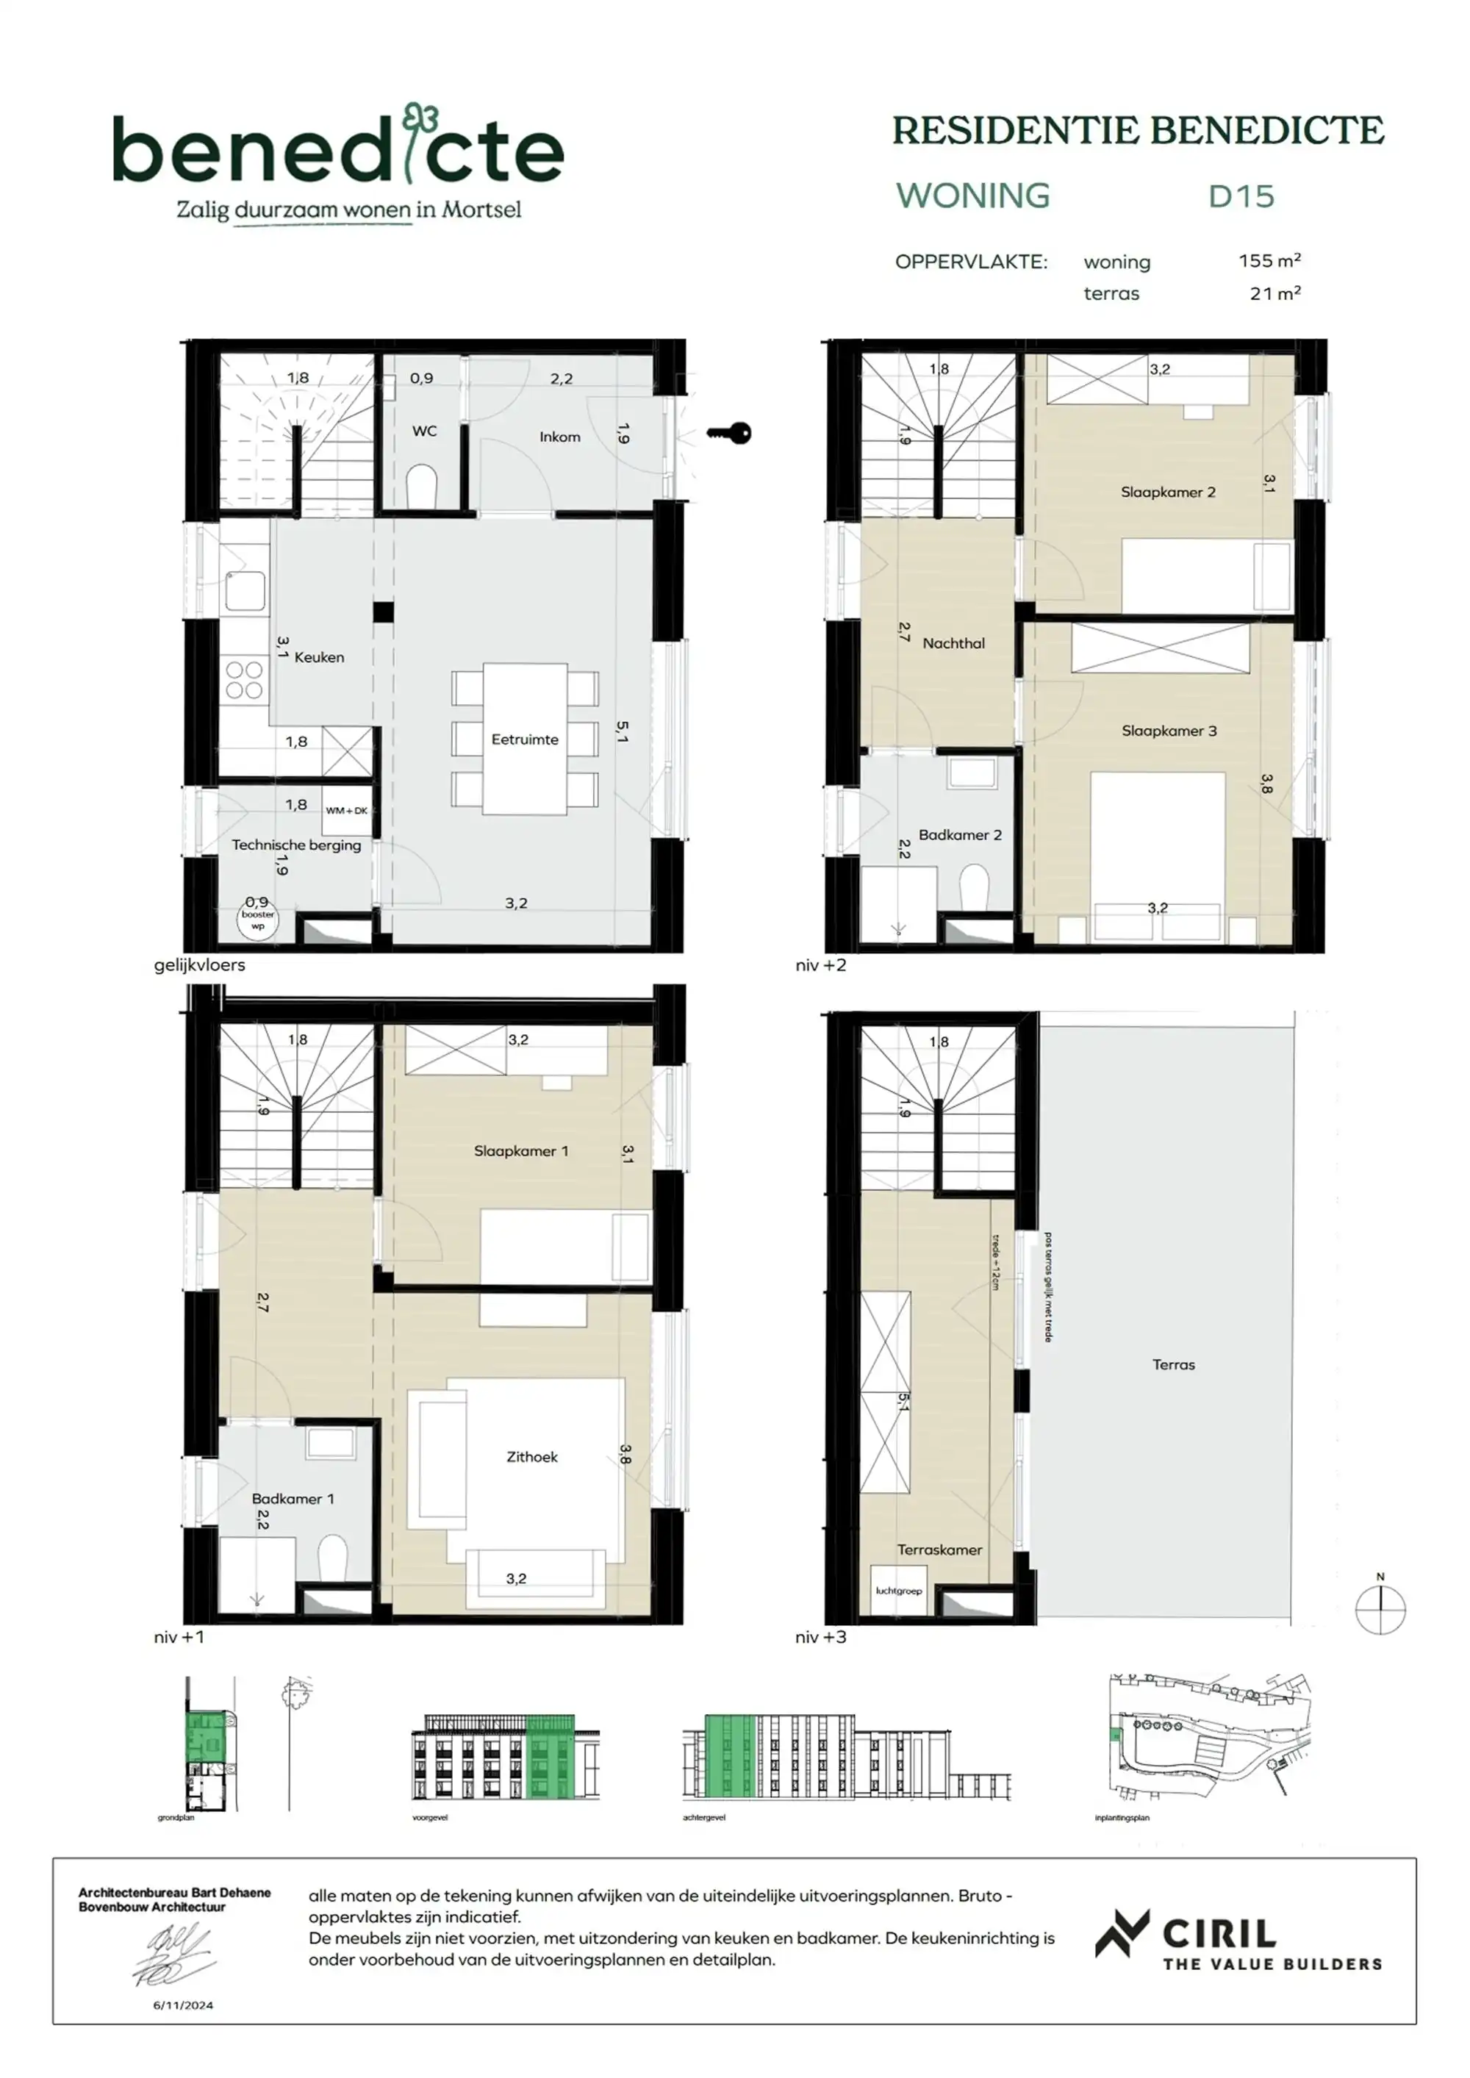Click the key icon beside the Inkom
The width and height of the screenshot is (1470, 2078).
coord(730,434)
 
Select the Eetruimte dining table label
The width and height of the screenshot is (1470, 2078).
coord(524,739)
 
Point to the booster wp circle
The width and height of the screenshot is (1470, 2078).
coord(258,920)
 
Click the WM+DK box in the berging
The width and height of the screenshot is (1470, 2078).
coord(347,811)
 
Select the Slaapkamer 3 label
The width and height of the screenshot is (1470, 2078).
coord(1169,731)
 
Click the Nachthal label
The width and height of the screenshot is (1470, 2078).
coord(953,643)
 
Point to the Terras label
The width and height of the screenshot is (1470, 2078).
coord(1173,1365)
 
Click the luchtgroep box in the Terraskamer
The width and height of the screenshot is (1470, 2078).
coord(898,1591)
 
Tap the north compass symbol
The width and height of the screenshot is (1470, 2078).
coord(1380,1609)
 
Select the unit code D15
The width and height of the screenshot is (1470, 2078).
coord(1240,196)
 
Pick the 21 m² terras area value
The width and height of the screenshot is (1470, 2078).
coord(1274,293)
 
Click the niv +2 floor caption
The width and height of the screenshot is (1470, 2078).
coord(820,966)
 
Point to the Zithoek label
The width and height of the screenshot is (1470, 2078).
coord(531,1457)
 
